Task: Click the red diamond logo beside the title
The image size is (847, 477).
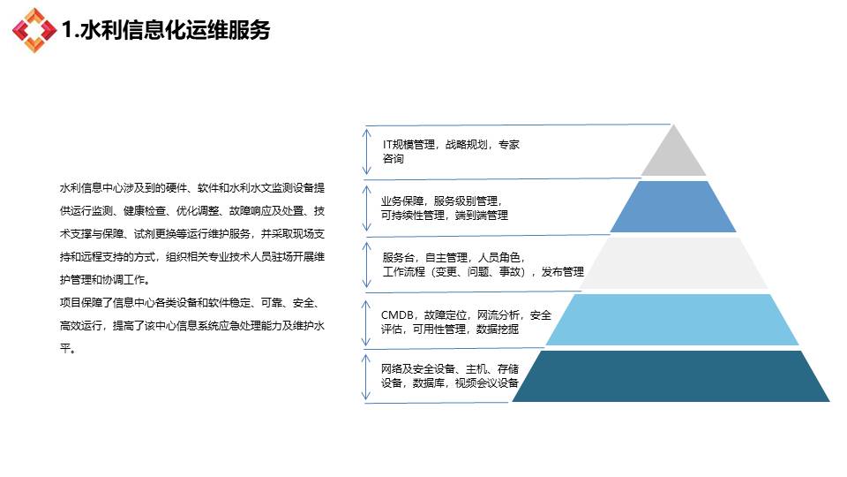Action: click(x=34, y=30)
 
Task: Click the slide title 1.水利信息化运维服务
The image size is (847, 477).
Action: click(x=166, y=30)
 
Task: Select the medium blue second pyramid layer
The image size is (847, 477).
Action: click(x=673, y=207)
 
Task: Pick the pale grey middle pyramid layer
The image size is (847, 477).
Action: click(x=673, y=263)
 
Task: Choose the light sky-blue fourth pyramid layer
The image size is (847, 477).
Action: click(x=672, y=320)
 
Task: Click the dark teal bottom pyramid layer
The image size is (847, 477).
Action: click(x=671, y=376)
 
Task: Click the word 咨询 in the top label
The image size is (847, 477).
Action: click(x=394, y=158)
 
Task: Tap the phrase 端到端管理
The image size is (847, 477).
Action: click(x=482, y=216)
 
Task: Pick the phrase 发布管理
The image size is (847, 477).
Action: click(x=562, y=271)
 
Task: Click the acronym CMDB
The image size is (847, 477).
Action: click(x=398, y=314)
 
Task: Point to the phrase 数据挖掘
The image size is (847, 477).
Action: click(x=498, y=329)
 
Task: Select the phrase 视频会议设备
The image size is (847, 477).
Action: click(x=487, y=382)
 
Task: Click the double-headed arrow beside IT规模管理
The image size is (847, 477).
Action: click(x=367, y=151)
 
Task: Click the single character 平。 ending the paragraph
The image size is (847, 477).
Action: click(x=68, y=349)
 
